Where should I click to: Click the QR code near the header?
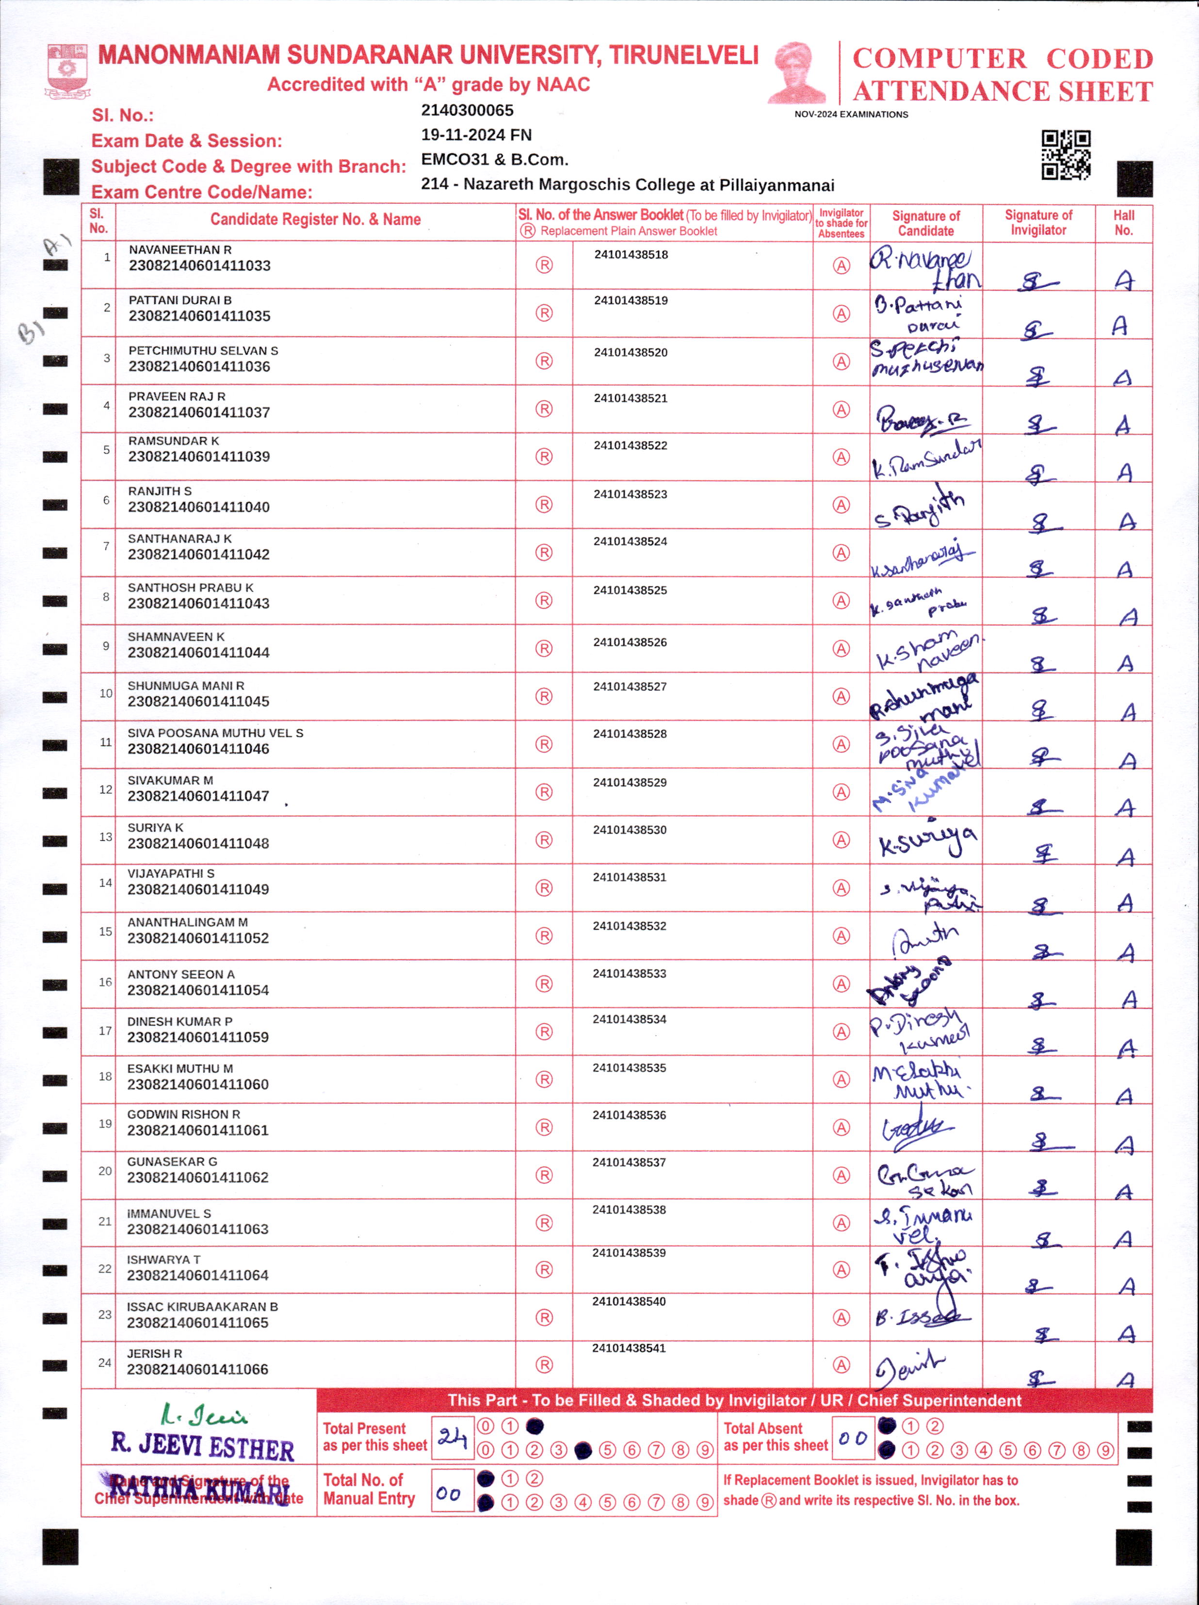tap(1066, 155)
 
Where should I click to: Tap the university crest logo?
tap(67, 70)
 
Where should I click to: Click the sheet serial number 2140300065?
tap(467, 110)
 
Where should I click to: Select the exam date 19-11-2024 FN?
tap(476, 135)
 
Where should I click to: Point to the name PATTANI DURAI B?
tap(180, 300)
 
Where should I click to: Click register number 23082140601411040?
tap(199, 507)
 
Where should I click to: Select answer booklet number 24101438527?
tap(630, 687)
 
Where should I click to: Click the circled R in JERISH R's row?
tap(544, 1365)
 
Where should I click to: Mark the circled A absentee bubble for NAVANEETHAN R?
tap(841, 265)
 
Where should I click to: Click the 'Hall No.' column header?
tap(1123, 223)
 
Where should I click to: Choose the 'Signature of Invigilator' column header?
tap(1038, 223)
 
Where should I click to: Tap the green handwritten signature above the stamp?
tap(203, 1415)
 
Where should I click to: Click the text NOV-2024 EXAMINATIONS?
tap(851, 115)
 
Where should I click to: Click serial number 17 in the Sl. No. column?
tap(105, 1031)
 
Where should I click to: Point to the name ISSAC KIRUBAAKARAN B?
tap(202, 1306)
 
